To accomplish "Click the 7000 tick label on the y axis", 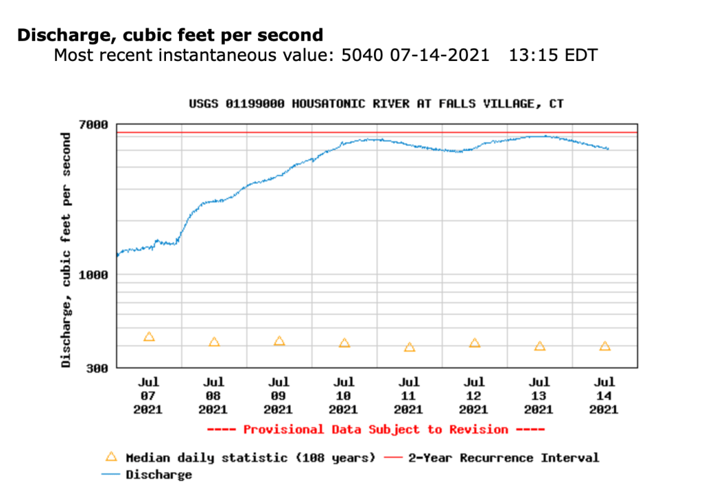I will [95, 125].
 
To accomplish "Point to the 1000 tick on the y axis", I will [95, 275].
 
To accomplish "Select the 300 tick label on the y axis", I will [97, 368].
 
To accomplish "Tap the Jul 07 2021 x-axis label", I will [148, 395].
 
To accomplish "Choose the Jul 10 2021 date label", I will [344, 395].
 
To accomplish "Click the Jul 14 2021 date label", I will [604, 395].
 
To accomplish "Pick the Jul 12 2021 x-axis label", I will [474, 395].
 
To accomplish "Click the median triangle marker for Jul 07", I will [149, 337].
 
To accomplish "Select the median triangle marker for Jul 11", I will [409, 347].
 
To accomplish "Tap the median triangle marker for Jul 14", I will [605, 346].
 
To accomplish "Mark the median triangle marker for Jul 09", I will [279, 341].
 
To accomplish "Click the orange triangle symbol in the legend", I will [110, 457].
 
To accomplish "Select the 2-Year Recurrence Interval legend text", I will [503, 457].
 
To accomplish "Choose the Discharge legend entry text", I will [158, 475].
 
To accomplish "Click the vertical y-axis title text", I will [66, 249].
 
